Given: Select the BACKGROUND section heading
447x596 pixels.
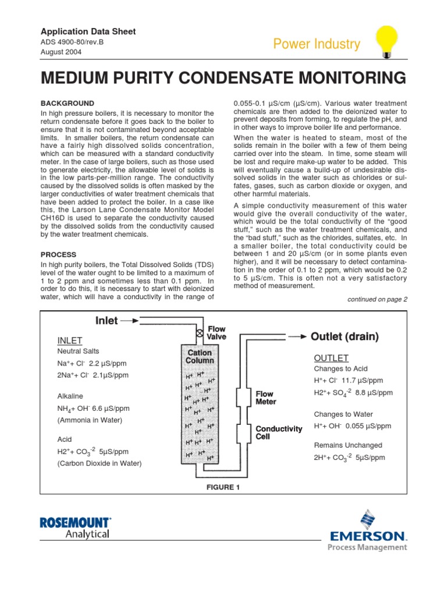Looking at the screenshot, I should (x=68, y=103).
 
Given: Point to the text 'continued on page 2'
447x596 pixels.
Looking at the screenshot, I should (x=377, y=299).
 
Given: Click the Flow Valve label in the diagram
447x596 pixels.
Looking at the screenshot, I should (x=217, y=333).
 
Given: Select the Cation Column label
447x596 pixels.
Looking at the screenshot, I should (x=200, y=356).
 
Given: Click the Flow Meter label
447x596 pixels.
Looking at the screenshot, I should (x=266, y=398).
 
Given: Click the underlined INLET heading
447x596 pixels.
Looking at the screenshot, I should (x=70, y=340).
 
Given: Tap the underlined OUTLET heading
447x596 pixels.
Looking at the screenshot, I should (x=331, y=357).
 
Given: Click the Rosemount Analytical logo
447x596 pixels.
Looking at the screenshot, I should (x=75, y=527).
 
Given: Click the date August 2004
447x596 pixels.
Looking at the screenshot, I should (x=61, y=52).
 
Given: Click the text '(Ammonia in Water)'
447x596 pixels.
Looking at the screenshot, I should (x=89, y=420).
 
